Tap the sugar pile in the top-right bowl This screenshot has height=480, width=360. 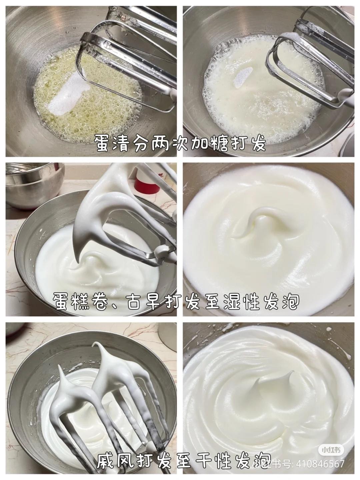click(x=241, y=78)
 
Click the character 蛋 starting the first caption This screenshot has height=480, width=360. click(x=104, y=143)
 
